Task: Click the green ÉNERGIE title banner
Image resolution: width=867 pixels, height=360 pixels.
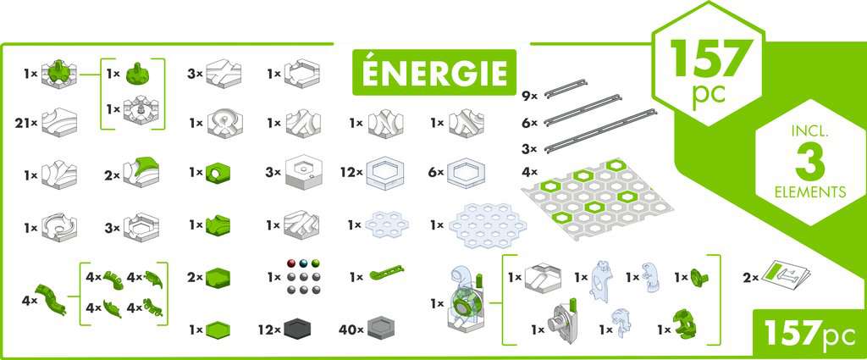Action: pos(434,72)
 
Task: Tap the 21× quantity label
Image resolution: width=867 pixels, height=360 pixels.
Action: pos(26,124)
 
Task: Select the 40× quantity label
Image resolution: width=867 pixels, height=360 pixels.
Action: pos(351,330)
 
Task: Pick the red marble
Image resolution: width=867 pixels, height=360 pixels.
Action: pos(292,263)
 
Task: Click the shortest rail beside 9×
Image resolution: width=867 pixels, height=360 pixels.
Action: pos(566,88)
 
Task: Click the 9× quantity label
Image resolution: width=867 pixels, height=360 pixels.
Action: pos(530,97)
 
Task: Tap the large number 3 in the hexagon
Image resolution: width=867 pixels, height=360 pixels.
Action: pos(810,162)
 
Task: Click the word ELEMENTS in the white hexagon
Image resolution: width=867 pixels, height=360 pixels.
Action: pos(810,192)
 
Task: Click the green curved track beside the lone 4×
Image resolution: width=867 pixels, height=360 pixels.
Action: pos(51,299)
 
